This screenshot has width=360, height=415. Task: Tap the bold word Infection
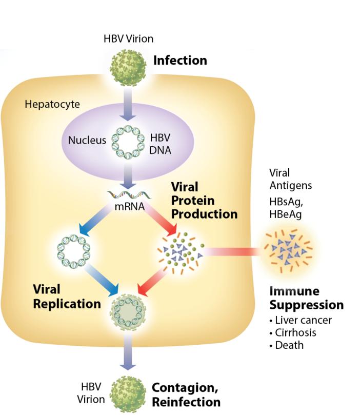point(180,61)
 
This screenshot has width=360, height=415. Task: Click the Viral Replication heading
point(67,297)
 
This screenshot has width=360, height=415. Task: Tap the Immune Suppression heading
point(306,298)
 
